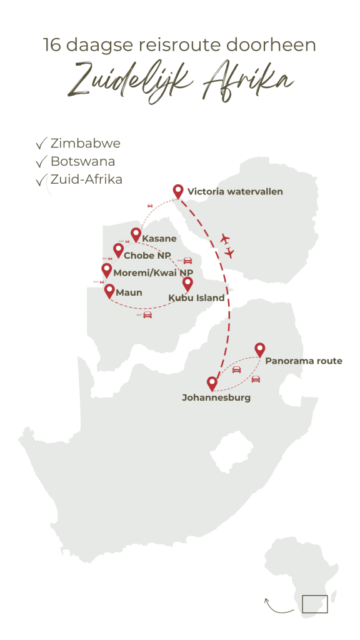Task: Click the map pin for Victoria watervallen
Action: tap(178, 192)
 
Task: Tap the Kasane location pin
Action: tap(136, 235)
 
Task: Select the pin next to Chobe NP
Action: tap(117, 251)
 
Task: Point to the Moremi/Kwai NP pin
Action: tap(107, 270)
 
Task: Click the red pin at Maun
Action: tap(109, 291)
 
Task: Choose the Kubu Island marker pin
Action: tap(187, 284)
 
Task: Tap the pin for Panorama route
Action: tap(259, 350)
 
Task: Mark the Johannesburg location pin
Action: tap(212, 383)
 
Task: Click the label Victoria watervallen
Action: tap(235, 192)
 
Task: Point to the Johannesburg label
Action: tap(216, 397)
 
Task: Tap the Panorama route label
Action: tap(303, 361)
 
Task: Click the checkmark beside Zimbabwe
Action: tap(42, 144)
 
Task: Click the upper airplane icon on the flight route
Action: tap(226, 239)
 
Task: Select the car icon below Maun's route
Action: tap(147, 314)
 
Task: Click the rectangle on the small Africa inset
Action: tap(314, 604)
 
